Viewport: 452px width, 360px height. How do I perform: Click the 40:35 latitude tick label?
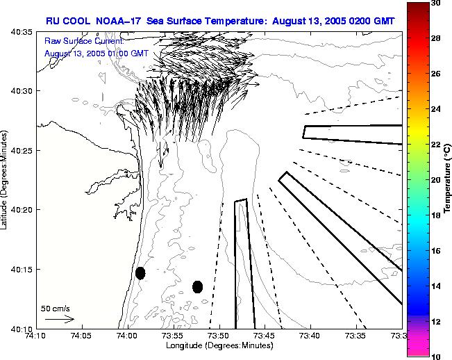(x=22, y=33)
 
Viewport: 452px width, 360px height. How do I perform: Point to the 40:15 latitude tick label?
(x=22, y=269)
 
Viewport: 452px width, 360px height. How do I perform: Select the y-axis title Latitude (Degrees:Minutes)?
(x=6, y=179)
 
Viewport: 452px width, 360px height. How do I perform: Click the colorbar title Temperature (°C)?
(x=448, y=179)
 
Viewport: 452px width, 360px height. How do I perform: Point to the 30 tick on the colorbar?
(x=435, y=3)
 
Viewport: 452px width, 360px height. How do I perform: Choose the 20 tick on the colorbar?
(x=435, y=180)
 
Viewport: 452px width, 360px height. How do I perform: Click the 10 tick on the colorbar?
(x=435, y=356)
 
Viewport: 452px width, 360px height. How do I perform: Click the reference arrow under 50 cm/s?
(x=60, y=319)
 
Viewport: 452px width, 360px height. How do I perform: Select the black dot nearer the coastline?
(x=140, y=273)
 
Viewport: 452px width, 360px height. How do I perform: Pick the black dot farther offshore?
(x=198, y=286)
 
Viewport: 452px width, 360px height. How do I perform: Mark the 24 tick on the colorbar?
(x=435, y=109)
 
